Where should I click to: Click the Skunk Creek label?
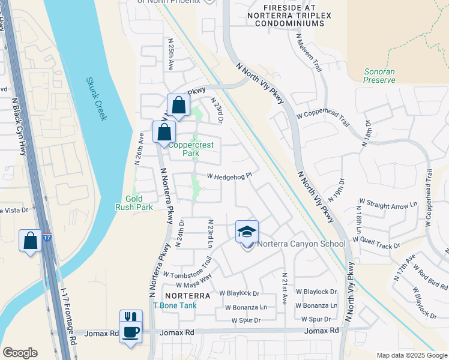click(96, 98)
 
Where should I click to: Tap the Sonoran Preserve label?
click(379, 75)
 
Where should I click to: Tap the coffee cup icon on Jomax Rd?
click(130, 332)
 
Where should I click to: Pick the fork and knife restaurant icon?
click(131, 317)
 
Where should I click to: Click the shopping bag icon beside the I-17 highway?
click(30, 241)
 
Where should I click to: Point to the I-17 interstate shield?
click(47, 238)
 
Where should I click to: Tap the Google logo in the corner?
click(20, 353)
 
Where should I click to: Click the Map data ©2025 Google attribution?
click(411, 355)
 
